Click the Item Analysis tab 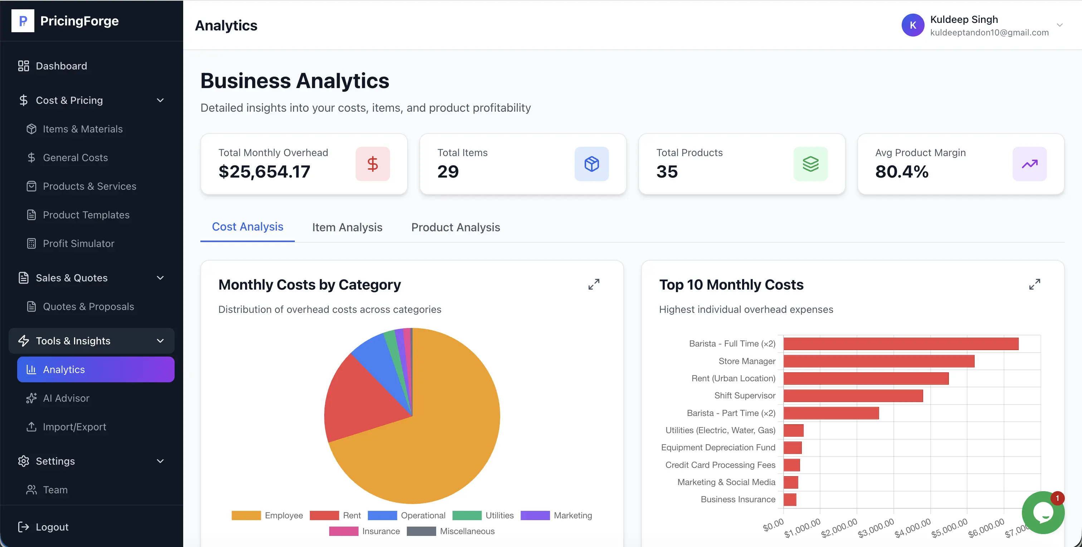(x=347, y=227)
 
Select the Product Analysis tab (x=455, y=227)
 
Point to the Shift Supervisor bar (x=853, y=395)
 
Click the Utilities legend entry (x=483, y=515)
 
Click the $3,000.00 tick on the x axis (x=876, y=528)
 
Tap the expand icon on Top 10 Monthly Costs (x=1034, y=285)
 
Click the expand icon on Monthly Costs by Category (x=594, y=285)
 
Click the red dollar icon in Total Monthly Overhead (x=372, y=164)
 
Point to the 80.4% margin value (x=901, y=171)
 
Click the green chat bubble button (x=1043, y=513)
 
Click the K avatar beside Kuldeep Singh (x=913, y=25)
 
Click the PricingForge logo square (x=23, y=21)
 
